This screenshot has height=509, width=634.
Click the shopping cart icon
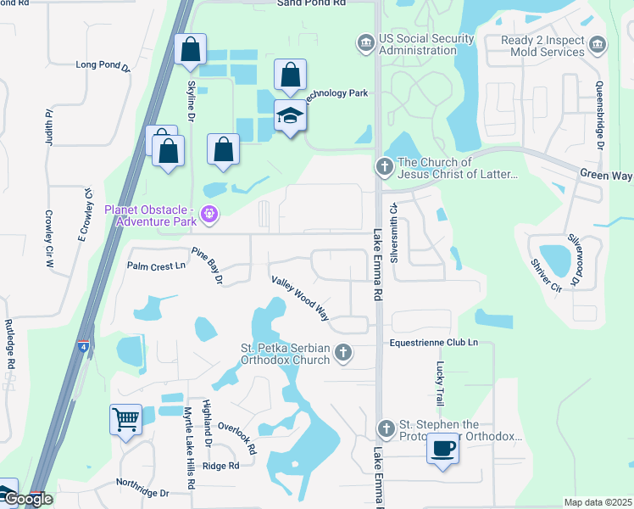tap(125, 419)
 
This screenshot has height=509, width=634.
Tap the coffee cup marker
tap(442, 448)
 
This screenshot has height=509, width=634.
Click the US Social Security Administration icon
tap(364, 42)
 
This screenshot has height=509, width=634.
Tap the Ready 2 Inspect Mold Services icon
tap(598, 43)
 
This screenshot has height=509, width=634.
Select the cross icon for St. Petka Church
tap(342, 352)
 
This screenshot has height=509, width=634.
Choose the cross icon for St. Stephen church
tap(386, 428)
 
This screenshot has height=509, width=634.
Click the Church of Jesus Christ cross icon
tap(384, 166)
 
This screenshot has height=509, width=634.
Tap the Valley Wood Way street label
tap(300, 297)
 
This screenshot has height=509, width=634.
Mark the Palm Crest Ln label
tap(156, 266)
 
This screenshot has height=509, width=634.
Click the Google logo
tap(27, 499)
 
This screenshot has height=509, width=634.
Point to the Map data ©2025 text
tap(597, 502)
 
